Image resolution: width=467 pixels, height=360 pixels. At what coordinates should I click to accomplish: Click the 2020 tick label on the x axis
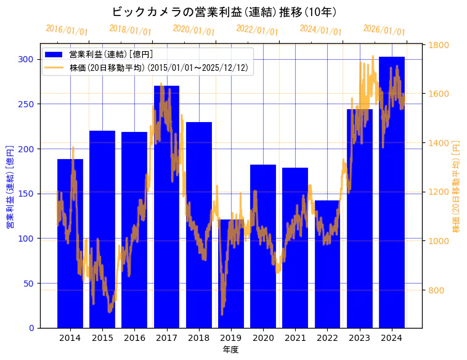[x=263, y=338]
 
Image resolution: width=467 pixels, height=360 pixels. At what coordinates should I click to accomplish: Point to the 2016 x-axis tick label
[x=134, y=338]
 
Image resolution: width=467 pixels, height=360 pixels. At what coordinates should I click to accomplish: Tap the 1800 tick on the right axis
[x=439, y=45]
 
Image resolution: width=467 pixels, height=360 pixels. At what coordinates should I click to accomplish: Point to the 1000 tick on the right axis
[x=439, y=241]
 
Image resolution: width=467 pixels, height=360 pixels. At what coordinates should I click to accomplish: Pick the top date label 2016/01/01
[x=67, y=30]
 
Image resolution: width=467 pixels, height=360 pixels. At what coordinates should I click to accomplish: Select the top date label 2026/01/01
[x=384, y=30]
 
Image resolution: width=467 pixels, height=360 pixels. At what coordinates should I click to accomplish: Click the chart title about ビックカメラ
[x=224, y=12]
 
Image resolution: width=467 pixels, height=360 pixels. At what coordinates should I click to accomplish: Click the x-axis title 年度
[x=231, y=350]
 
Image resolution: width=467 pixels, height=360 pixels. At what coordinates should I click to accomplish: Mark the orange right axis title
[x=456, y=186]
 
